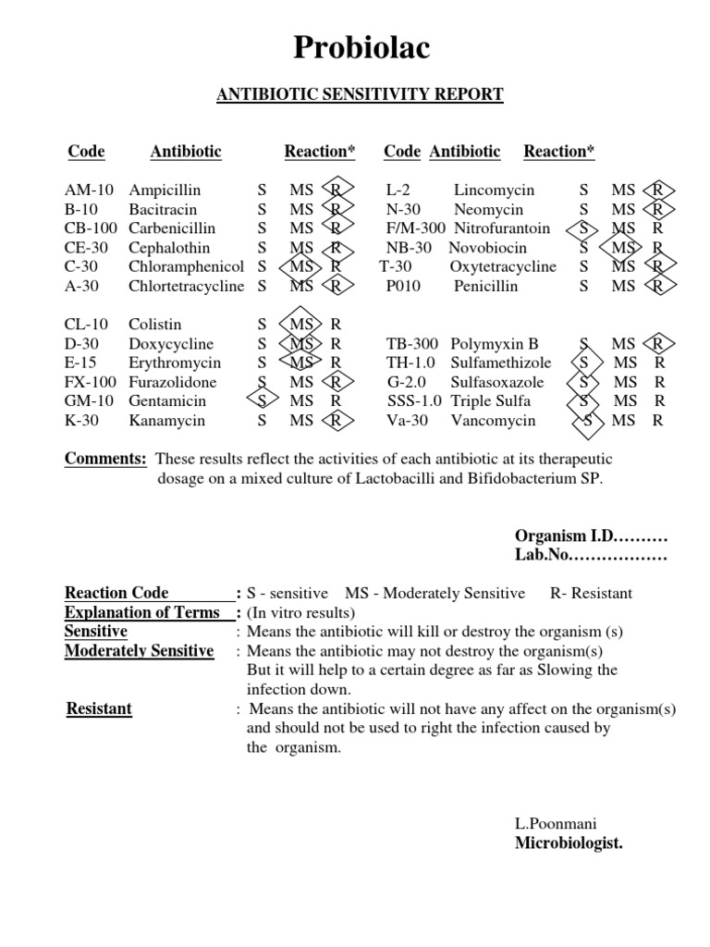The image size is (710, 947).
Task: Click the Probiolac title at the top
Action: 361,48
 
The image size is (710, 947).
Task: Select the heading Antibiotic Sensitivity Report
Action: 361,94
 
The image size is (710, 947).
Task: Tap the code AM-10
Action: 89,191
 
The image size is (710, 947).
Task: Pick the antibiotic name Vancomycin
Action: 493,421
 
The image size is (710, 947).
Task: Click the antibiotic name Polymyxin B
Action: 494,344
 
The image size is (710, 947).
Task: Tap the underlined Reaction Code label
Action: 116,594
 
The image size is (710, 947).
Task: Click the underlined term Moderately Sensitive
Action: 139,651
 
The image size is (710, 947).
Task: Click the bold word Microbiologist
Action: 569,842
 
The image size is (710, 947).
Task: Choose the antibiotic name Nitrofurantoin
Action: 502,228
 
